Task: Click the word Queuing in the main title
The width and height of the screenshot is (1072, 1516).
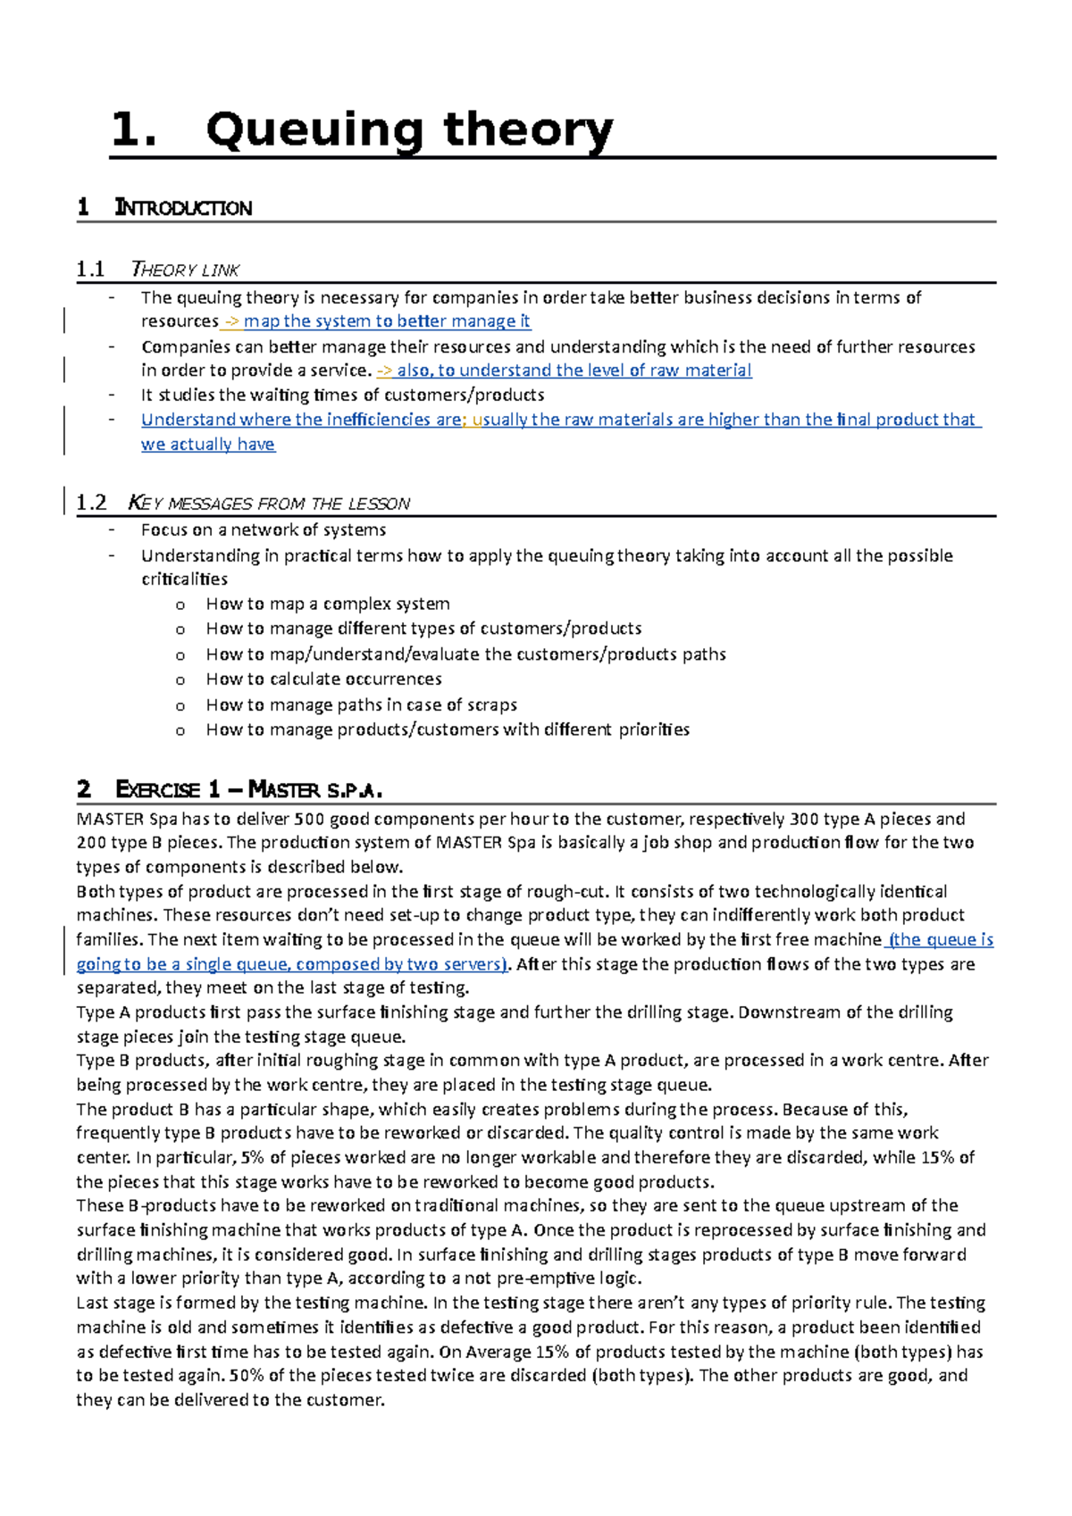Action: [x=314, y=130]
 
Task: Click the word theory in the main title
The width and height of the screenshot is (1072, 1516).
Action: [x=527, y=130]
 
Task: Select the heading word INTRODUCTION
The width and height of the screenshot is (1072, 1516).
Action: [x=183, y=208]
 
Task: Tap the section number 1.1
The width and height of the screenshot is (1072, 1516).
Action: [x=90, y=270]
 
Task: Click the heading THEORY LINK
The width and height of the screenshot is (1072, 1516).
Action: [x=185, y=270]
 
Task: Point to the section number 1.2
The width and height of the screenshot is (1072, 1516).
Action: [x=91, y=504]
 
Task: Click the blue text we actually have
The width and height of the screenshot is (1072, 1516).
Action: [x=208, y=445]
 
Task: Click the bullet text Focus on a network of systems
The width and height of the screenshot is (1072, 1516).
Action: [x=264, y=530]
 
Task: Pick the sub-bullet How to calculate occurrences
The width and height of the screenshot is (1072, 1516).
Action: [x=323, y=679]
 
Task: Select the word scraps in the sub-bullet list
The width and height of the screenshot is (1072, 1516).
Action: [x=490, y=705]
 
